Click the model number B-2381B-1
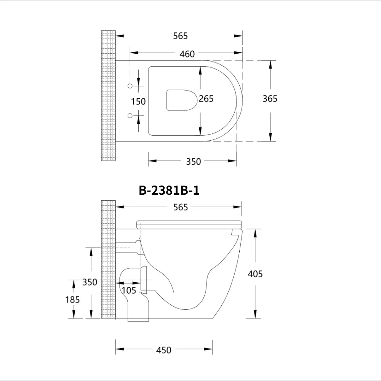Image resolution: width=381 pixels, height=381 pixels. [169, 190]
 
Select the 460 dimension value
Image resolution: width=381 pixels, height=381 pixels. [187, 54]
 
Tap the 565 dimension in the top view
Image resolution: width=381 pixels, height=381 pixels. [180, 36]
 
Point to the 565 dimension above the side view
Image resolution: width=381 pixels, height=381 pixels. [180, 207]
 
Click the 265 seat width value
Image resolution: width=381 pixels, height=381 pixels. [206, 99]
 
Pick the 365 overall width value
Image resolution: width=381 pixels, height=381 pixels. [270, 99]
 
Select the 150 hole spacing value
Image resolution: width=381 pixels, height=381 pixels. [138, 101]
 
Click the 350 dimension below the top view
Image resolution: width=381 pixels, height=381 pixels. [193, 162]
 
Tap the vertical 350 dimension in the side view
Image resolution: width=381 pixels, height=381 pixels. [90, 282]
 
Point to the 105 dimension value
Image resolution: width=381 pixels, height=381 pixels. [129, 290]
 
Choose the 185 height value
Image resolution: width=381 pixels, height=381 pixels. [72, 299]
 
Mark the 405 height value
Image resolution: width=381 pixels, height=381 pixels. [255, 274]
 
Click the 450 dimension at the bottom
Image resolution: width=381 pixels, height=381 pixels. [164, 350]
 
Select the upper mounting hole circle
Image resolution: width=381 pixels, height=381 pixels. [130, 86]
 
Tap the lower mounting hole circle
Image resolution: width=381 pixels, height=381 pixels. [130, 115]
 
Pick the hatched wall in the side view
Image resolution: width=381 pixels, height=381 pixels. [108, 259]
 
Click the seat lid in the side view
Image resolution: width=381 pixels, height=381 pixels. [189, 224]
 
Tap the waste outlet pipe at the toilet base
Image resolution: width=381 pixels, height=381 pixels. [138, 311]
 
